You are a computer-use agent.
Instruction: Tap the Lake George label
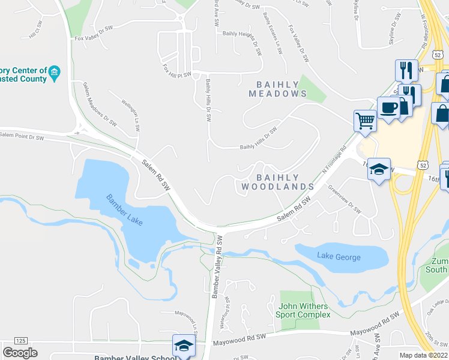pyautogui.click(x=339, y=257)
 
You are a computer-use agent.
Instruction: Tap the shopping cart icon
pyautogui.click(x=365, y=120)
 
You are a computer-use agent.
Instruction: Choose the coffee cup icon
pyautogui.click(x=388, y=107)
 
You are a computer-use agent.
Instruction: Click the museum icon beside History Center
pyautogui.click(x=54, y=73)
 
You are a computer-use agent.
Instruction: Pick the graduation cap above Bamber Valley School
pyautogui.click(x=184, y=345)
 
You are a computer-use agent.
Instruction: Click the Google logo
pyautogui.click(x=20, y=353)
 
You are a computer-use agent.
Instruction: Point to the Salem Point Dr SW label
pyautogui.click(x=22, y=138)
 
